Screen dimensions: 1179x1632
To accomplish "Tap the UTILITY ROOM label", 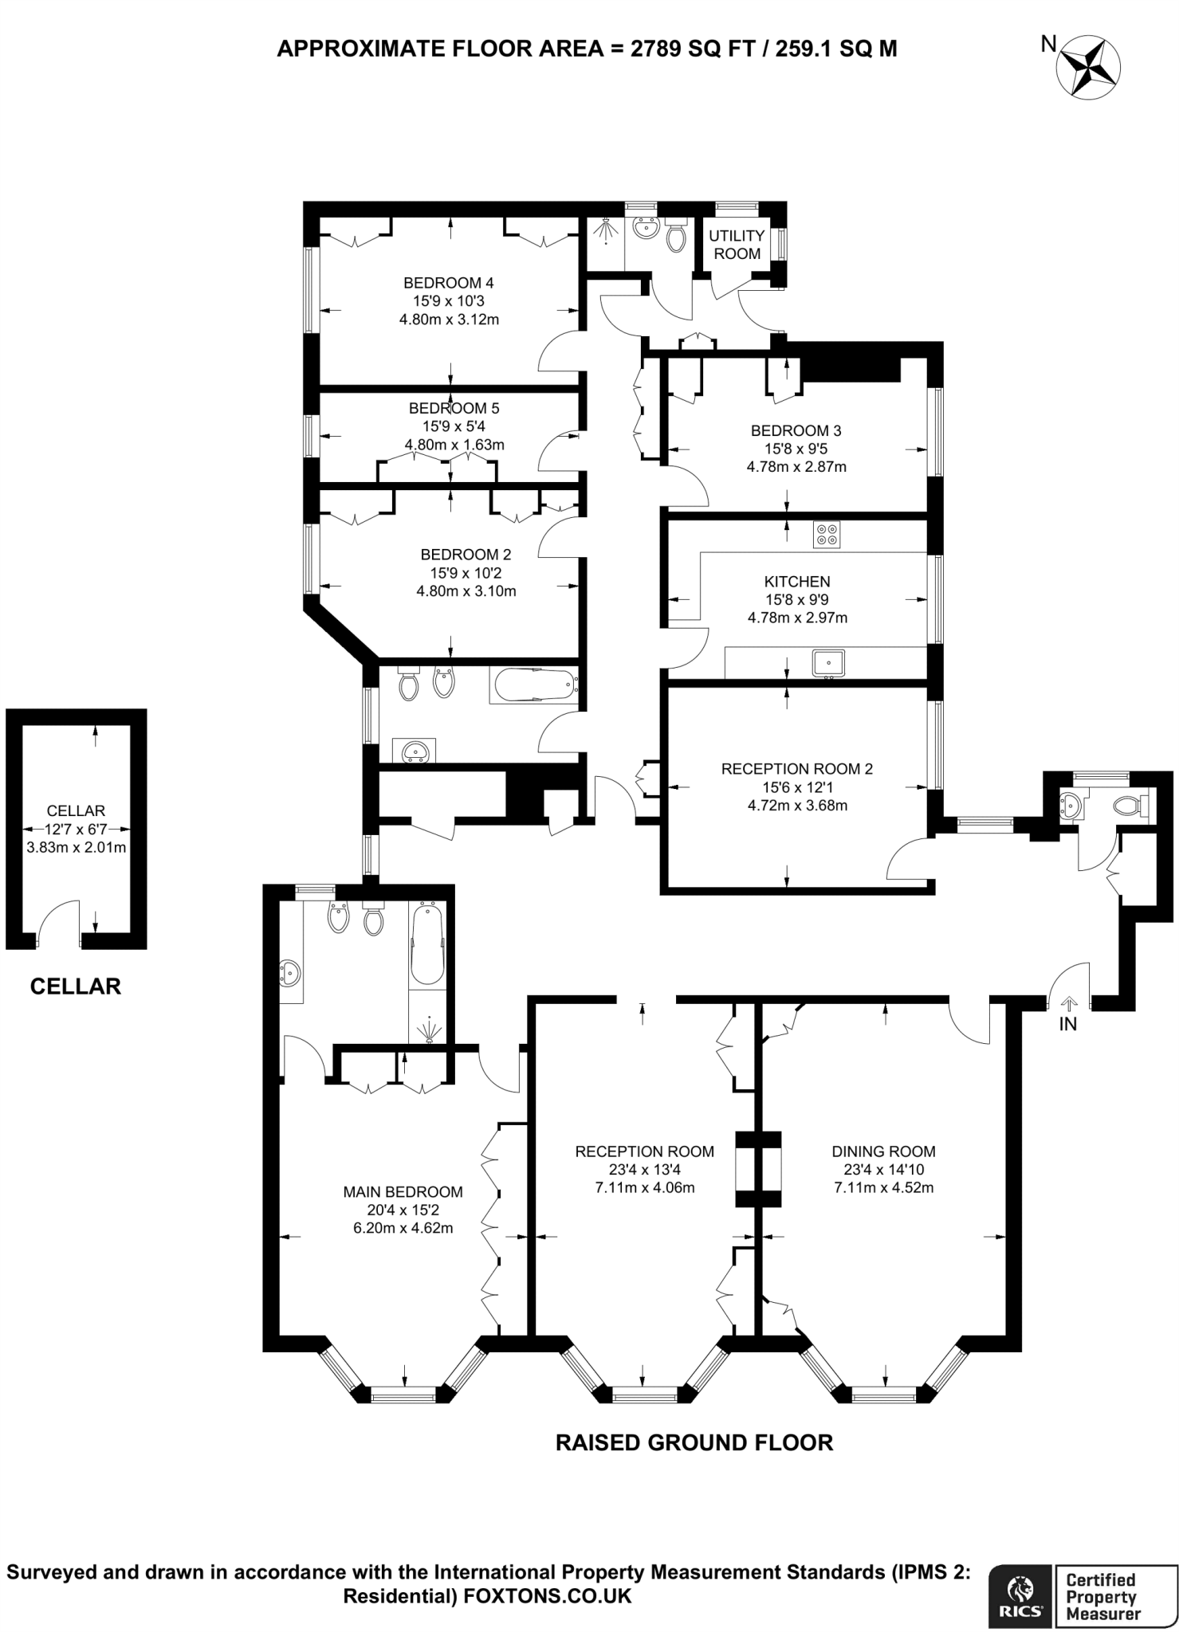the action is point(737,245).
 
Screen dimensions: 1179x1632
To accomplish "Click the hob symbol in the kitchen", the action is point(827,534).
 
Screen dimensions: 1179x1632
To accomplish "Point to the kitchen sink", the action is point(828,663).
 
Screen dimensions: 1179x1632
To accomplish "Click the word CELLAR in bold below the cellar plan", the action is point(76,987).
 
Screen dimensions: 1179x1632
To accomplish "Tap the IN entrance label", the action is point(1068,1025).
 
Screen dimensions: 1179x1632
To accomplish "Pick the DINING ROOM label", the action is point(884,1151).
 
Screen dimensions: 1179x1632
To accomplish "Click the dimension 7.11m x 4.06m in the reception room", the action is point(645,1188).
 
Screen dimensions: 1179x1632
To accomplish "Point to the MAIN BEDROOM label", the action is point(403,1192).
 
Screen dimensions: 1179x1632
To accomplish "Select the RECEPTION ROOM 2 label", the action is point(797,769).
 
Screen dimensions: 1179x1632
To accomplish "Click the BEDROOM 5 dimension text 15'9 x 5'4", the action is point(454,426).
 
